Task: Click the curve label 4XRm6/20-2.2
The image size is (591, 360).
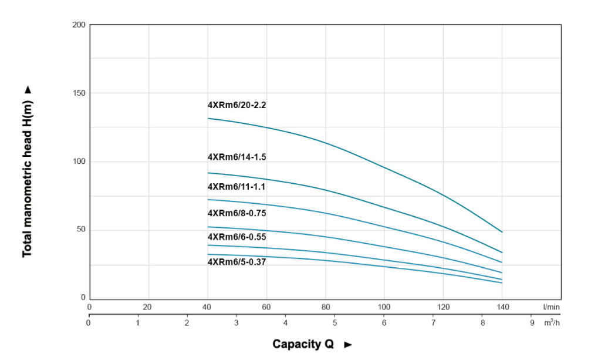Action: tap(237, 106)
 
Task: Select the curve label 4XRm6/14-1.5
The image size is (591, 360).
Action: tap(237, 157)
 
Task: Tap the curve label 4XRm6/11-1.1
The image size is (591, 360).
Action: tap(237, 187)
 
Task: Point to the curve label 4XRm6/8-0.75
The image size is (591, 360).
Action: tap(237, 213)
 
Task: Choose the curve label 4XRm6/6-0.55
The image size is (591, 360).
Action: tap(237, 237)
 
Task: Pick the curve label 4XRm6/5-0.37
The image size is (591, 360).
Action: tap(237, 262)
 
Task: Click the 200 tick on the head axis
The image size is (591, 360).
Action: tap(79, 25)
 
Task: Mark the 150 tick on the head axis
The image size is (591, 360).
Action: tap(79, 93)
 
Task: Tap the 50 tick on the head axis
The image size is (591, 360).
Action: tap(80, 229)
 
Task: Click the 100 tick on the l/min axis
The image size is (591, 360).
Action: tap(384, 307)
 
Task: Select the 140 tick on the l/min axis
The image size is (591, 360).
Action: tap(502, 307)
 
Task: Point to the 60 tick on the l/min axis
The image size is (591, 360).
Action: tap(266, 307)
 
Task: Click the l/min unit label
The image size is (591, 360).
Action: tap(551, 307)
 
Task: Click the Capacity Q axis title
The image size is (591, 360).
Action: tap(299, 344)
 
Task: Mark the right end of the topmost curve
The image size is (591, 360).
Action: tap(502, 232)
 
